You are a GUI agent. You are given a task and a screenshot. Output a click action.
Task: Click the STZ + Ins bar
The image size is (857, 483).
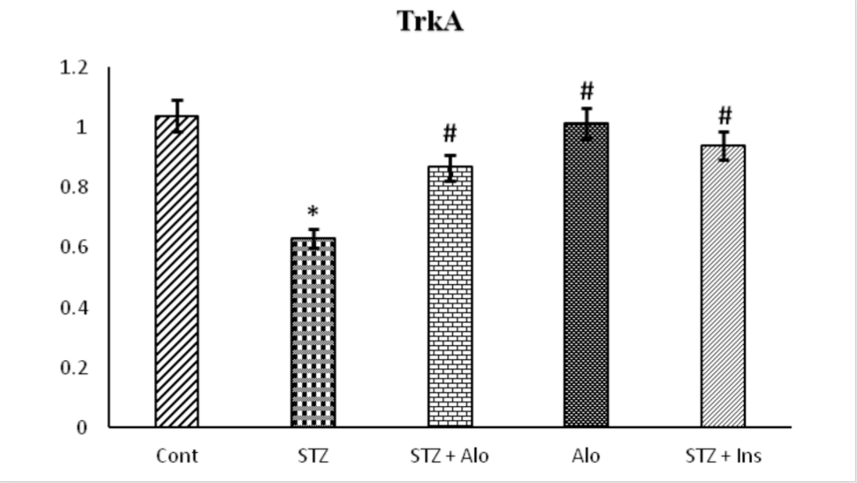click(723, 286)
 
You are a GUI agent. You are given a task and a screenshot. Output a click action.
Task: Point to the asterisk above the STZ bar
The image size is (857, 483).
click(313, 212)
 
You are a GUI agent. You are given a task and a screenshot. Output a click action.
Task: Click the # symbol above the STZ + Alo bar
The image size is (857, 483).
click(450, 133)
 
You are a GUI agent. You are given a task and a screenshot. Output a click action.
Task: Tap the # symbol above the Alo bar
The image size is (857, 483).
click(587, 91)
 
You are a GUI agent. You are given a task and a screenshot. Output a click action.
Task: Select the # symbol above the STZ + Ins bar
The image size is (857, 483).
click(725, 115)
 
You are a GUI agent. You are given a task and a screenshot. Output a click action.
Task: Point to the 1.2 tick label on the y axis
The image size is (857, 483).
click(74, 68)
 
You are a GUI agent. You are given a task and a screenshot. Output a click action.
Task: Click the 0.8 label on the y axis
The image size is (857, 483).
click(74, 187)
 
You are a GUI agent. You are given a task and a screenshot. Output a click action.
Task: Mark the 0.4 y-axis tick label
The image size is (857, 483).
click(74, 308)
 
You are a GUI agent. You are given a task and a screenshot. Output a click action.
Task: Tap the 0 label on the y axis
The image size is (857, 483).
click(82, 428)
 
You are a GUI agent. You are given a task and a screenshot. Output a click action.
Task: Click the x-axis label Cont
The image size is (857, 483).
click(177, 456)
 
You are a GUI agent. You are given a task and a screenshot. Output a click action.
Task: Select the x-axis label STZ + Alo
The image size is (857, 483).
click(449, 456)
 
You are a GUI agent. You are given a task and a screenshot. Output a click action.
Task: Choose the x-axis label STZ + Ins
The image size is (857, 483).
click(723, 456)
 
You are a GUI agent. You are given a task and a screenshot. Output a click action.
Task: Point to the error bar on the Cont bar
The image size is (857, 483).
click(177, 115)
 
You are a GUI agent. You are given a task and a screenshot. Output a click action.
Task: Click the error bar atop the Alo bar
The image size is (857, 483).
click(587, 124)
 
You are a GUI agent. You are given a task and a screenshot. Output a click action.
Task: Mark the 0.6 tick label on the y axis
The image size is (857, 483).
click(74, 247)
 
